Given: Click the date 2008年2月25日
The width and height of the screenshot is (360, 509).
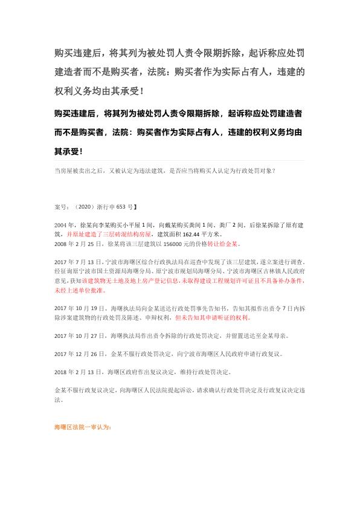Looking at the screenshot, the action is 77,244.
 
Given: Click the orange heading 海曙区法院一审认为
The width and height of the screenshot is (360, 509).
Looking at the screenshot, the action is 82,427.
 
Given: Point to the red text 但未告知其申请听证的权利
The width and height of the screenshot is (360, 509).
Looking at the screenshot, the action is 212,316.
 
